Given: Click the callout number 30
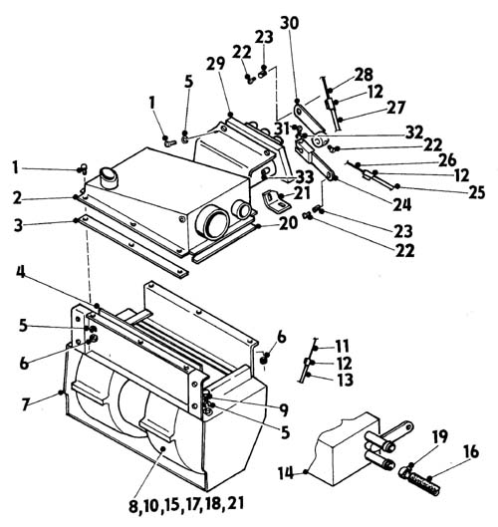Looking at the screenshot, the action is [x=289, y=23].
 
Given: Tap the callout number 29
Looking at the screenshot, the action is [x=215, y=64].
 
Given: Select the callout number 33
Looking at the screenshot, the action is [x=305, y=177].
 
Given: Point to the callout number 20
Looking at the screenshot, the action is [x=288, y=223].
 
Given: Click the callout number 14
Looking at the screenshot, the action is [x=286, y=473].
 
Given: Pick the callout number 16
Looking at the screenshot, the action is [x=471, y=452].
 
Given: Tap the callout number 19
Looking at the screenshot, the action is [x=440, y=436].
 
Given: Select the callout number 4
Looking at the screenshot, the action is [x=21, y=272].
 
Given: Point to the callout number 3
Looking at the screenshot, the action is [x=19, y=225].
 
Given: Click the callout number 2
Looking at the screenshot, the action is [x=18, y=198].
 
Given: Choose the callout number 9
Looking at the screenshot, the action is [x=284, y=409].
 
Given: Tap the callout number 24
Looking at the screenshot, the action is [x=402, y=204].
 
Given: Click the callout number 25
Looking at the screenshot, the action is [x=476, y=192].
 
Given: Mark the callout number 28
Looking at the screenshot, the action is [x=364, y=75].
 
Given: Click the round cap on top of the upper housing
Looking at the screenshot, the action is [x=109, y=177].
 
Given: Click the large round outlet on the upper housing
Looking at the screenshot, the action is [x=212, y=223].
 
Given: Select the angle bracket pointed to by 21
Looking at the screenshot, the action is [x=274, y=200].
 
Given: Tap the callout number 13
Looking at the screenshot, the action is [x=346, y=380].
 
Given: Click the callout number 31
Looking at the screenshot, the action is [x=282, y=129].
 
